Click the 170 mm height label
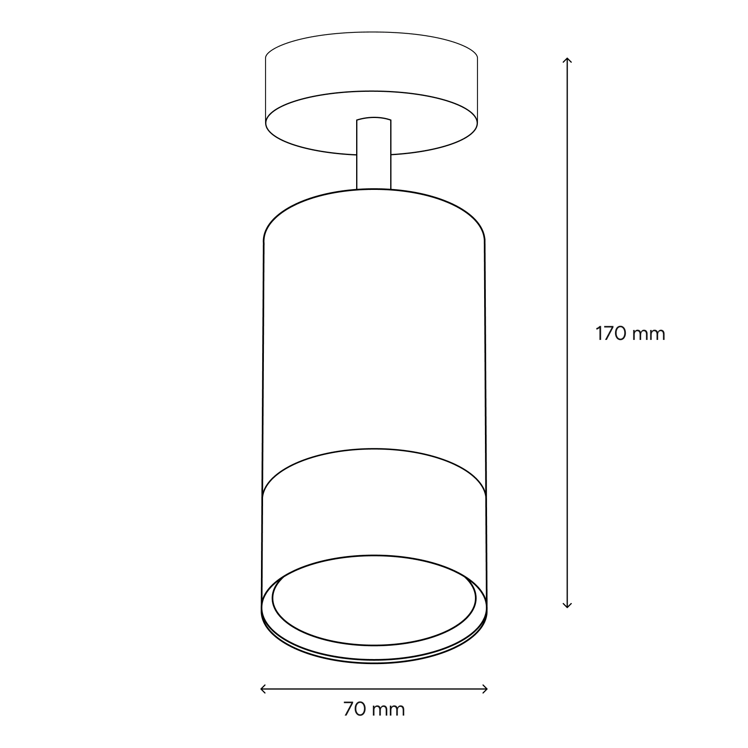(x=630, y=333)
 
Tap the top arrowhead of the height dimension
(x=567, y=60)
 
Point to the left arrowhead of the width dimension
(x=263, y=689)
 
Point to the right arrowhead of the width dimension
(x=485, y=689)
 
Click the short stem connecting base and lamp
(x=374, y=153)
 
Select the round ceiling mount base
(x=372, y=93)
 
